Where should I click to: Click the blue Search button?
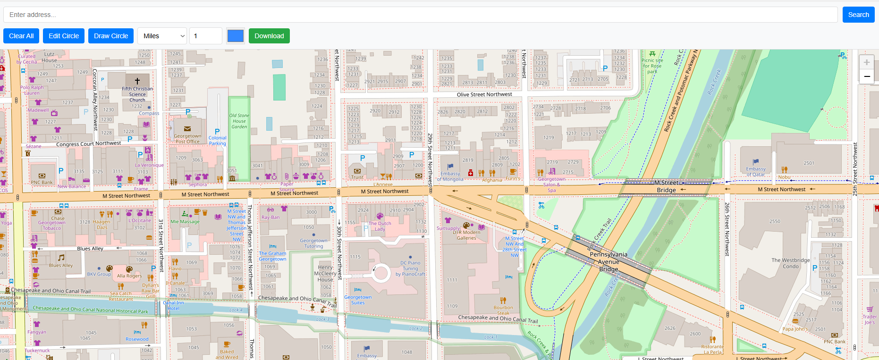coord(858,15)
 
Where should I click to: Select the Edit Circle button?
coord(64,36)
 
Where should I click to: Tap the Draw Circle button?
coord(111,36)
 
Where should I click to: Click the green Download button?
coord(269,36)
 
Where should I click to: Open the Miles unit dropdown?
coord(162,36)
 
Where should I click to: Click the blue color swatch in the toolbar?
coord(235,36)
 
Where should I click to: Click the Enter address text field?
coord(420,15)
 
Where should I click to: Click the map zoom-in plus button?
coord(866,62)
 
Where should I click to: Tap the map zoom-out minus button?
coord(866,76)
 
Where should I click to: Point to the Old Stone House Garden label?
coord(239,121)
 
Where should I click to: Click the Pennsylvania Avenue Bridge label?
coord(609,262)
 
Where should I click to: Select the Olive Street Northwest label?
coord(484,94)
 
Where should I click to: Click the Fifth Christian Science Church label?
coord(137,94)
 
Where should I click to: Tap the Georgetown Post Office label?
coord(187,139)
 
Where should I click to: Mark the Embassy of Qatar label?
coord(756,172)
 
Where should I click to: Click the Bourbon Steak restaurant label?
coord(503,310)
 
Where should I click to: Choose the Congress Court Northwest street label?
coord(88,144)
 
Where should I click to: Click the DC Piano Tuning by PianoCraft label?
coord(410,268)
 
